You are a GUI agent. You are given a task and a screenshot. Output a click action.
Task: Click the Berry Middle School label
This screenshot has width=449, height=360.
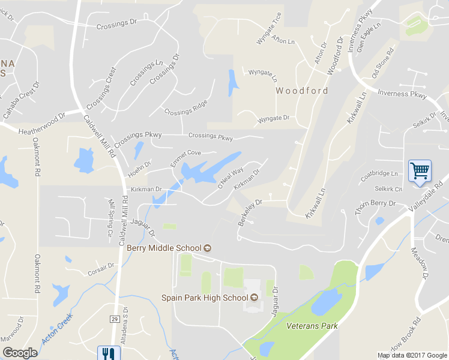pos(164,248)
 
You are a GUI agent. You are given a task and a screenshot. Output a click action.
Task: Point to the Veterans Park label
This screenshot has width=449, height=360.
pos(312,326)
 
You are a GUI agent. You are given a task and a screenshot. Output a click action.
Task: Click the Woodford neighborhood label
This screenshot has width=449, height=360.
pos(302,91)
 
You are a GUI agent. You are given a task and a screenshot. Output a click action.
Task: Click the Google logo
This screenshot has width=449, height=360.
pos(20,353)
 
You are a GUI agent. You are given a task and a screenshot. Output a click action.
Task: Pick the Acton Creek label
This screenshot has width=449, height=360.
pos(57,329)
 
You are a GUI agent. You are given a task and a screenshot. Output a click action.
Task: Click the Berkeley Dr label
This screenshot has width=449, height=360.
pos(250,212)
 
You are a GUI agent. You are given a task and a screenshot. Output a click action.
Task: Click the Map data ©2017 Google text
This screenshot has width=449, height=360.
pos(411,355)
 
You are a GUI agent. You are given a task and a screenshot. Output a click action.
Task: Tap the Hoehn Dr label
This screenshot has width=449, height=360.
pos(139,170)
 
